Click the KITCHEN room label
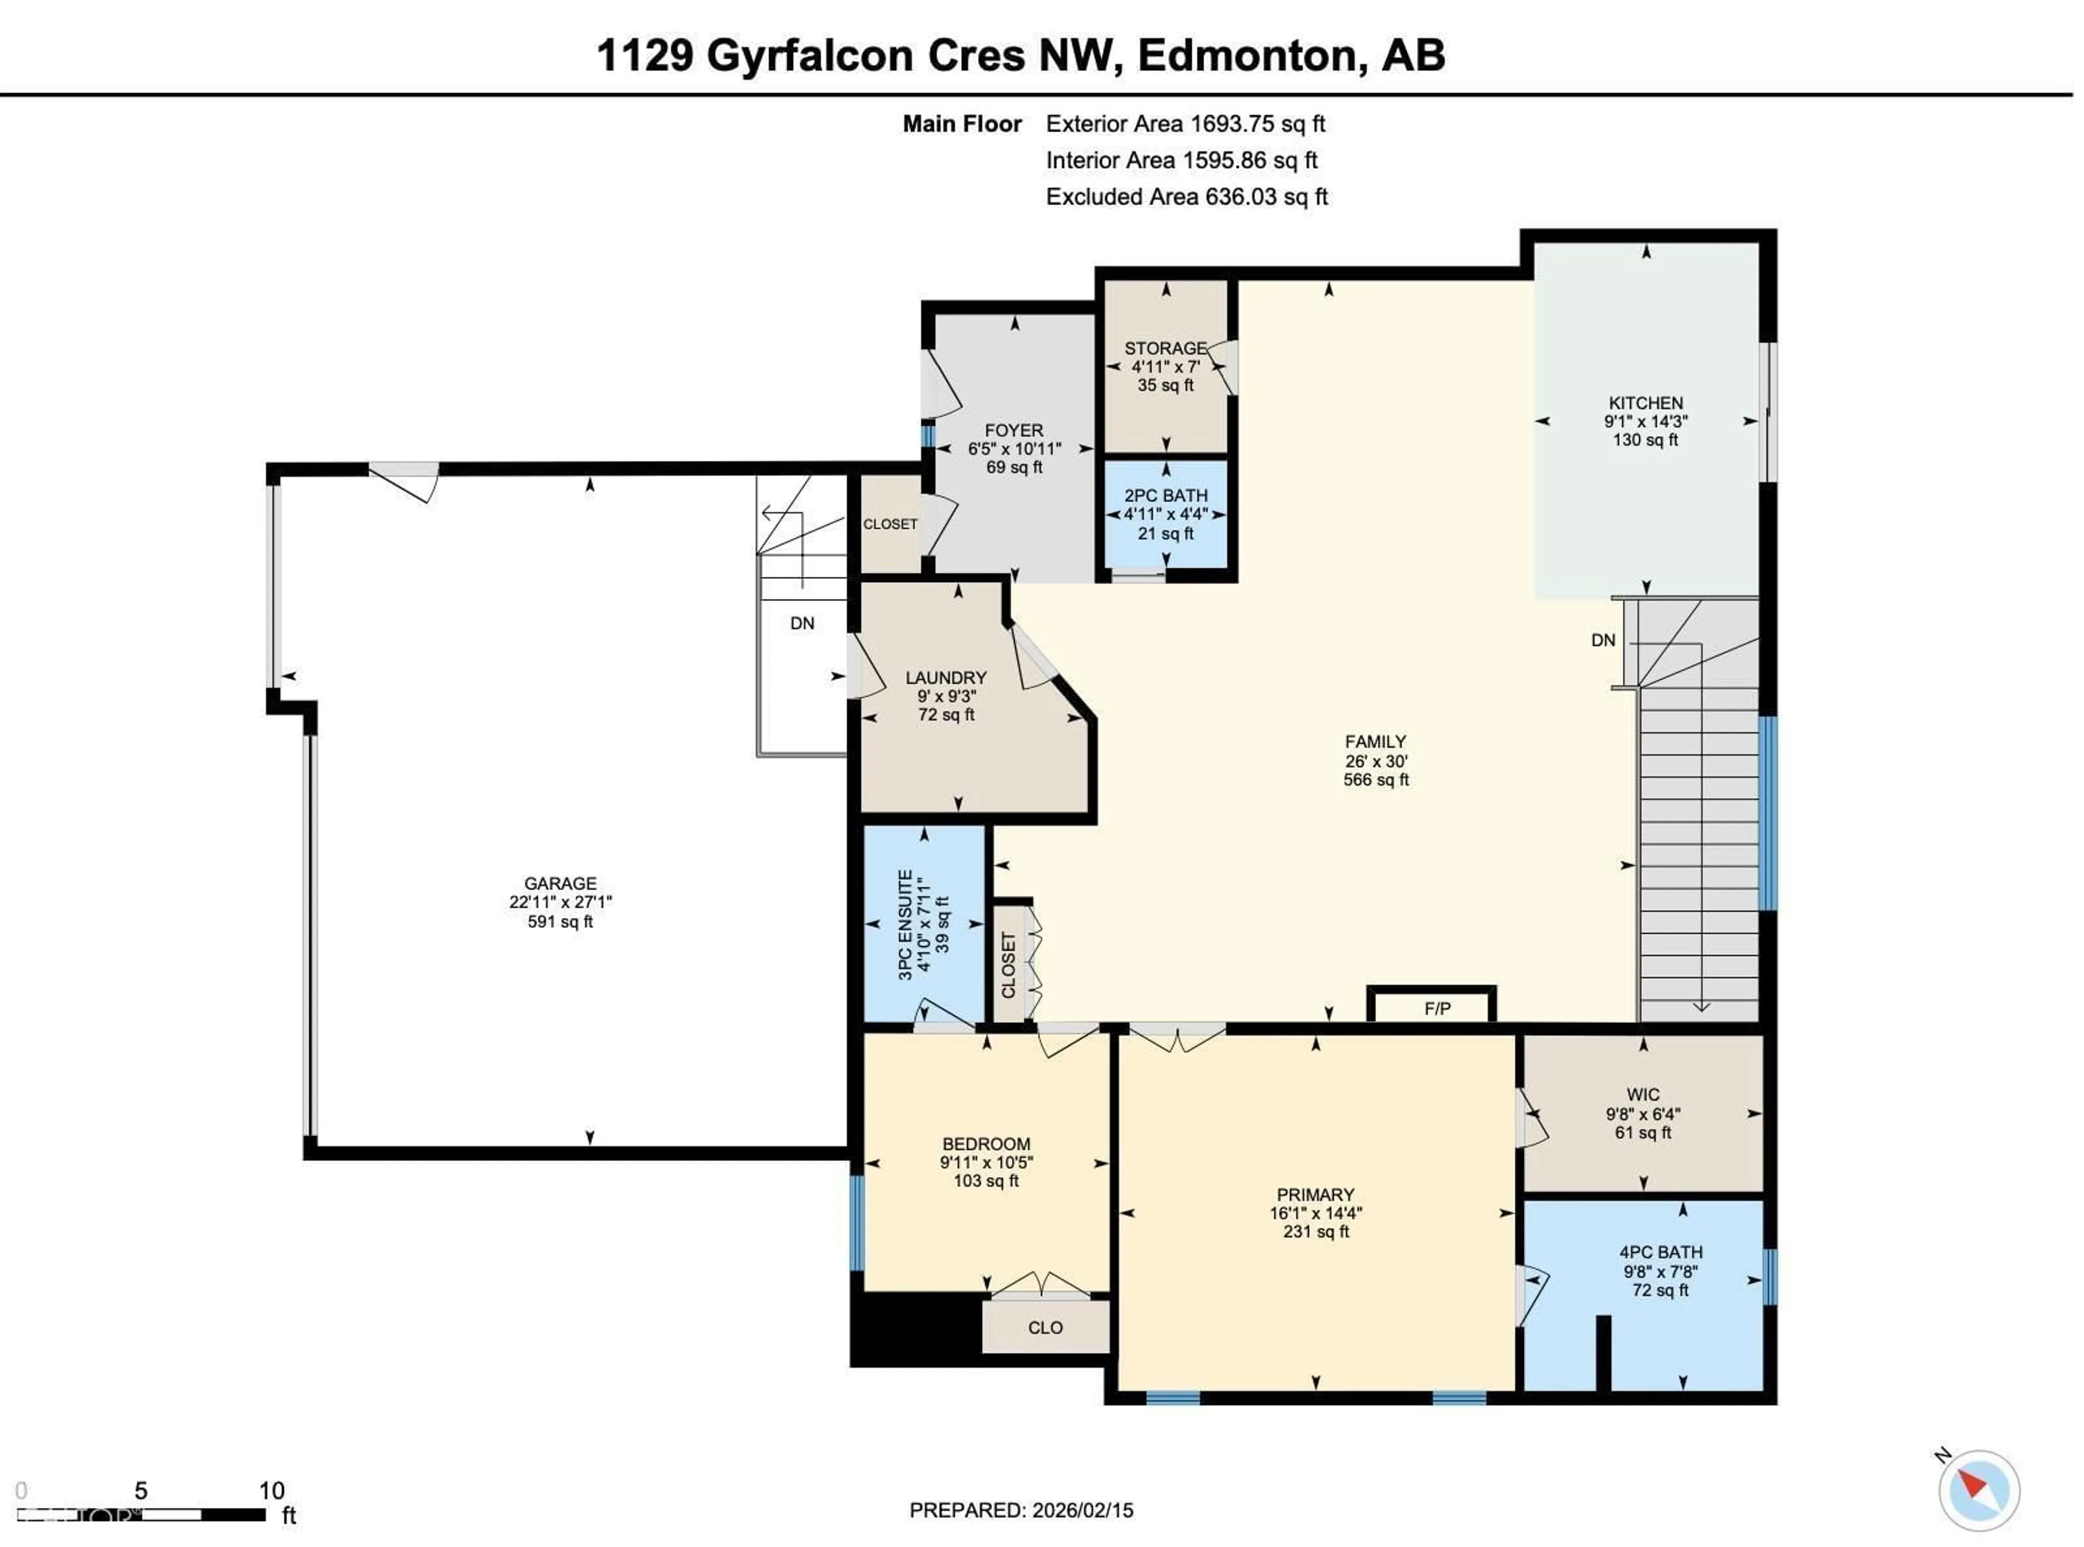pos(1645,403)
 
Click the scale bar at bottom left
pos(141,1514)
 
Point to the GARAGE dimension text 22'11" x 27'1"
pos(560,902)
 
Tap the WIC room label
pos(1643,1094)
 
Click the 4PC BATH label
pos(1661,1252)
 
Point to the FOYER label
pos(1013,430)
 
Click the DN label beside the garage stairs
pos(802,623)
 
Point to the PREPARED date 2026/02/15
pos(1021,1510)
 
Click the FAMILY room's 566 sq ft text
pos(1375,779)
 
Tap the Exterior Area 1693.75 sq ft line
pos(1185,124)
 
